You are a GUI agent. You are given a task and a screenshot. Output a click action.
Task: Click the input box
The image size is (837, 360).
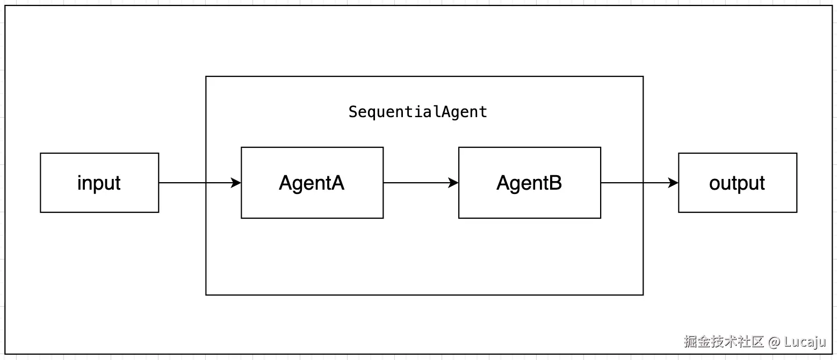click(x=99, y=183)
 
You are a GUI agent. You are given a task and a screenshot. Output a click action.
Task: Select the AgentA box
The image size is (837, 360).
click(x=312, y=183)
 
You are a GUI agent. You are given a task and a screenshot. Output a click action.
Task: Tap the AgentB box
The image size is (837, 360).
click(x=529, y=183)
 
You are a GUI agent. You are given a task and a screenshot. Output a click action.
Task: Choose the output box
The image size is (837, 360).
click(x=737, y=183)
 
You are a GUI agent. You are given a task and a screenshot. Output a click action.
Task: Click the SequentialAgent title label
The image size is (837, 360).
click(x=417, y=112)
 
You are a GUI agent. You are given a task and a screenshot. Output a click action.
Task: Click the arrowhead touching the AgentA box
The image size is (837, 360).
click(x=236, y=183)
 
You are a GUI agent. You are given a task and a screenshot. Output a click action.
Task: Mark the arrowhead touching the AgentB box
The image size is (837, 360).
click(x=453, y=183)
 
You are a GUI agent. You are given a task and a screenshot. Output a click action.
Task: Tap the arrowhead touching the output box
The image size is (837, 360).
click(x=673, y=183)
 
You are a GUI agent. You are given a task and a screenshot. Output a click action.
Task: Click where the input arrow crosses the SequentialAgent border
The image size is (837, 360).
click(x=206, y=183)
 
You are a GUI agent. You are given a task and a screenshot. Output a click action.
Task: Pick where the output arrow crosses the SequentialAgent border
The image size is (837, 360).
click(x=643, y=183)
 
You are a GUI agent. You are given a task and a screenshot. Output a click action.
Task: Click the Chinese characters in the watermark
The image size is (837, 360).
click(x=723, y=342)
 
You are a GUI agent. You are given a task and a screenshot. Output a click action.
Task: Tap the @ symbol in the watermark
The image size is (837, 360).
click(x=774, y=342)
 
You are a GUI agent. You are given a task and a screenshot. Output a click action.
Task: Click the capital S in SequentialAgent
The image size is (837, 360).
click(x=353, y=112)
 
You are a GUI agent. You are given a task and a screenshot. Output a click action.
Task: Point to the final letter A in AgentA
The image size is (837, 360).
click(x=337, y=183)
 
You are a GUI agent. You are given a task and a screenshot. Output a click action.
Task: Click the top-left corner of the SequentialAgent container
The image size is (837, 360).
click(x=206, y=76)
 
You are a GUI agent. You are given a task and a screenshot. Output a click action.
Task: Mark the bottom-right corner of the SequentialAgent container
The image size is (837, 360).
click(x=643, y=294)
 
